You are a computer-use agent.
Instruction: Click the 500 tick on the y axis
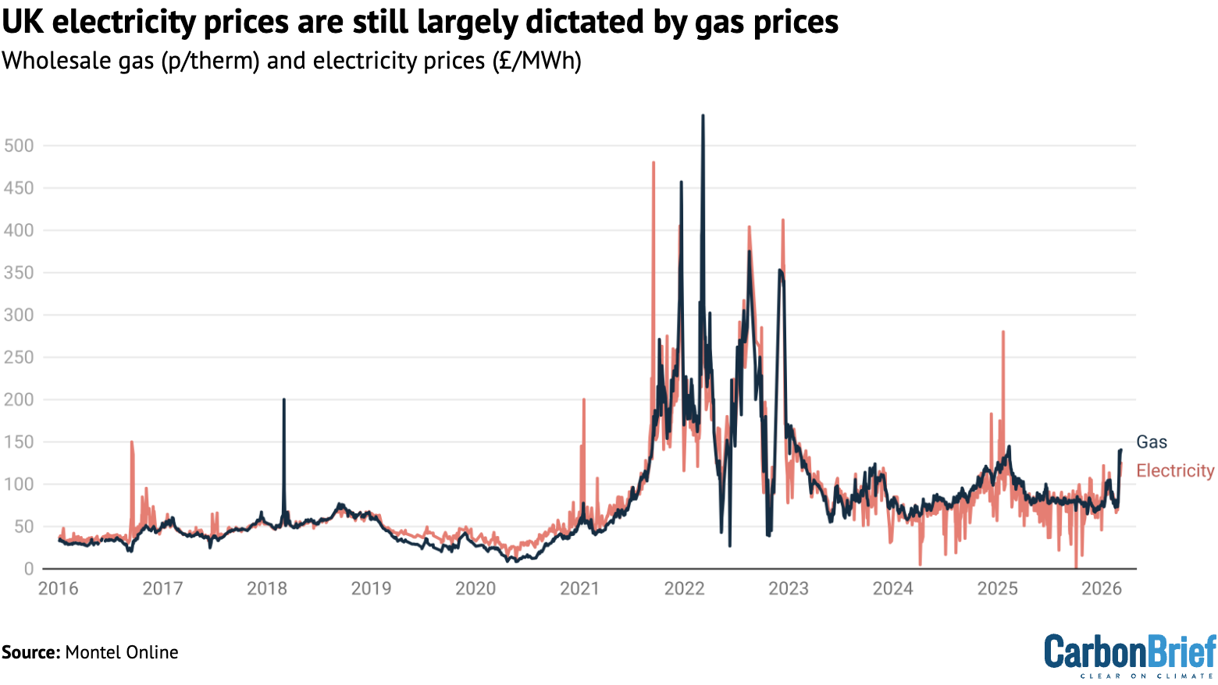click(x=18, y=146)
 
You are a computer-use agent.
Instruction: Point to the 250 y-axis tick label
click(x=18, y=357)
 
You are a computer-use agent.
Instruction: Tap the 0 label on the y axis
click(x=29, y=569)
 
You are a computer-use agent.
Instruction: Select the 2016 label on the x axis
click(x=59, y=588)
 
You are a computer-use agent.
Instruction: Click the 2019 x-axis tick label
click(x=371, y=588)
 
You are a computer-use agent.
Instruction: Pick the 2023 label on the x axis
click(x=789, y=588)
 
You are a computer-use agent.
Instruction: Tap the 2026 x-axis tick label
click(x=1102, y=588)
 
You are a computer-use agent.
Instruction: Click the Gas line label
click(x=1152, y=442)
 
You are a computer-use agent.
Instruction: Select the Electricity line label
click(x=1175, y=470)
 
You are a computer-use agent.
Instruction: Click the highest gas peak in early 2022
click(x=703, y=116)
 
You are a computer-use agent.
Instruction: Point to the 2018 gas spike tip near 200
click(x=283, y=399)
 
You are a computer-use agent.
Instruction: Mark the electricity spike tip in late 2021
click(x=654, y=163)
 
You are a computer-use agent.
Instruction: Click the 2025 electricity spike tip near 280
click(x=1003, y=332)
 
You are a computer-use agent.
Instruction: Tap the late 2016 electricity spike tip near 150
click(x=132, y=442)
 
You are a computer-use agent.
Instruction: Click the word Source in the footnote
click(x=30, y=652)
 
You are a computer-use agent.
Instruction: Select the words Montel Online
click(x=122, y=652)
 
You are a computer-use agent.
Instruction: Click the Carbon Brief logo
click(x=1130, y=655)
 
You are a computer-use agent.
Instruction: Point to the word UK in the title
click(x=22, y=23)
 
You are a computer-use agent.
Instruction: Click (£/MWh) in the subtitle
click(x=536, y=61)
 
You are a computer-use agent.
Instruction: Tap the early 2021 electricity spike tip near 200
click(x=583, y=399)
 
